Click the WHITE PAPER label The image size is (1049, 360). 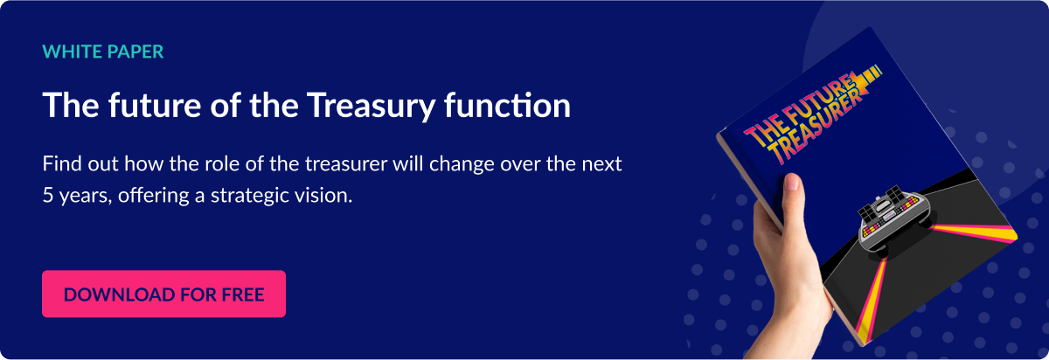click(103, 52)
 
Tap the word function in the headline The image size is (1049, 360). click(507, 105)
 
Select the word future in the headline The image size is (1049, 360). click(155, 105)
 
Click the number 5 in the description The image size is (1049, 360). click(47, 195)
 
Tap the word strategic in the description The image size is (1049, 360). click(248, 196)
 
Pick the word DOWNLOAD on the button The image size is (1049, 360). click(119, 294)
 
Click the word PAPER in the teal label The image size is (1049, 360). click(135, 52)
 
